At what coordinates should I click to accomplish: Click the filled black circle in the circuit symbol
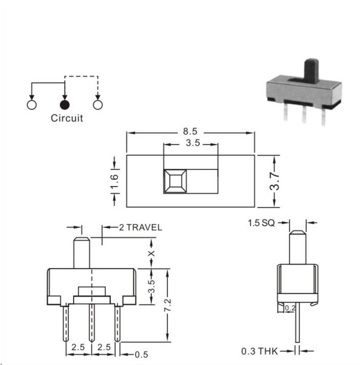[64, 105]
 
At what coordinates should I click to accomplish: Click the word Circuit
[67, 118]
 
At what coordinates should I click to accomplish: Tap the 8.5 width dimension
[190, 131]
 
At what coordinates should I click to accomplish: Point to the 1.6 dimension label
[114, 181]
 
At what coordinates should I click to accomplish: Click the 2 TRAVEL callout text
[141, 227]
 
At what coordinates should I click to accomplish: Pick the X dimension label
[151, 253]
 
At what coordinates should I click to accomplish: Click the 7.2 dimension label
[168, 305]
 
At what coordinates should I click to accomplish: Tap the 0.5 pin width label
[141, 355]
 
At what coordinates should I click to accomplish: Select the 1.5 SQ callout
[261, 223]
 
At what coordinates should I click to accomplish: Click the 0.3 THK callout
[259, 351]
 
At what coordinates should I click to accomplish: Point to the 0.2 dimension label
[290, 308]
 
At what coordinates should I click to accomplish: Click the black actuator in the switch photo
[311, 71]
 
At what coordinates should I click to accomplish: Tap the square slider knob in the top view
[175, 181]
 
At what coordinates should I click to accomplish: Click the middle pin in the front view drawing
[92, 323]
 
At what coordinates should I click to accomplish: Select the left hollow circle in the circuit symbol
[32, 105]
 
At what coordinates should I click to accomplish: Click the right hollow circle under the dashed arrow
[98, 105]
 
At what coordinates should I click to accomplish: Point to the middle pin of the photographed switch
[304, 114]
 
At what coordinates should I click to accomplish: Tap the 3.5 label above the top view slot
[193, 143]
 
